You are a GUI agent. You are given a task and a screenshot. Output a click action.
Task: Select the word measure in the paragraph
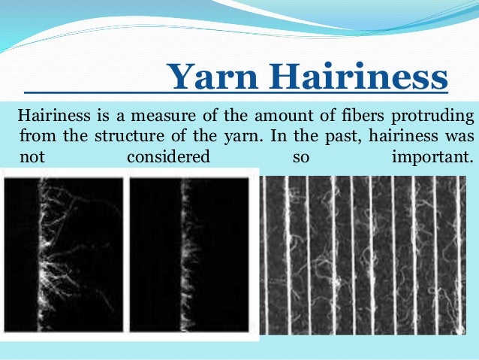pyautogui.click(x=162, y=117)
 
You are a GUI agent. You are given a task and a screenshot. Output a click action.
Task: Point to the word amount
pyautogui.click(x=279, y=117)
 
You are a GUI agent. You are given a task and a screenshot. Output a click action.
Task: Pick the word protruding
pyautogui.click(x=435, y=117)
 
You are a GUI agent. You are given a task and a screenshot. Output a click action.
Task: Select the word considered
pyautogui.click(x=168, y=158)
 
